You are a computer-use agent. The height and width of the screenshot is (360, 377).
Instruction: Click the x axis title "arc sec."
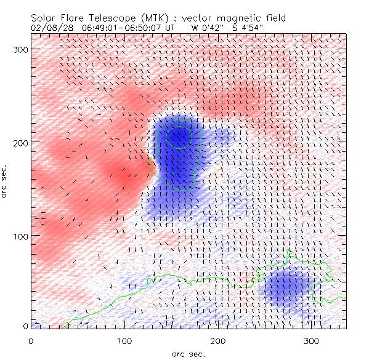188,353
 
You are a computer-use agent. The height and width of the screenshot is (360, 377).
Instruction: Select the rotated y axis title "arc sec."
6,180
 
